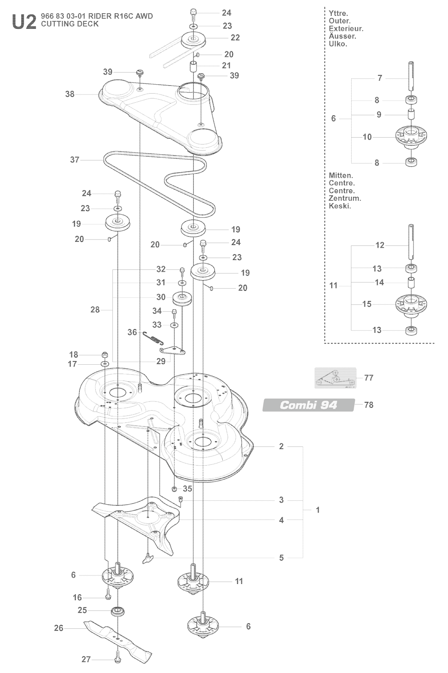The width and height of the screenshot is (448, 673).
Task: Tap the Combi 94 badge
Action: point(308,405)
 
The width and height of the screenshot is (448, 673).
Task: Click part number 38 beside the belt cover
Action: point(70,94)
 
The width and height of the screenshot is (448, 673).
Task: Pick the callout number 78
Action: point(369,404)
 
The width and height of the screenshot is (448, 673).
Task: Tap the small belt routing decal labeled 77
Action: point(335,378)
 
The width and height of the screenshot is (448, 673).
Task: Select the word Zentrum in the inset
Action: point(345,198)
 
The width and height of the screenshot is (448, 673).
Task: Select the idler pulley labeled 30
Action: point(182,298)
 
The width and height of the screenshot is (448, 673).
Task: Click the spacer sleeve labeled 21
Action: point(193,67)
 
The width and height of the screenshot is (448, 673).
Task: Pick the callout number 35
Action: point(187,488)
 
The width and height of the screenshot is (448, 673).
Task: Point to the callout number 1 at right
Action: point(318,510)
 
